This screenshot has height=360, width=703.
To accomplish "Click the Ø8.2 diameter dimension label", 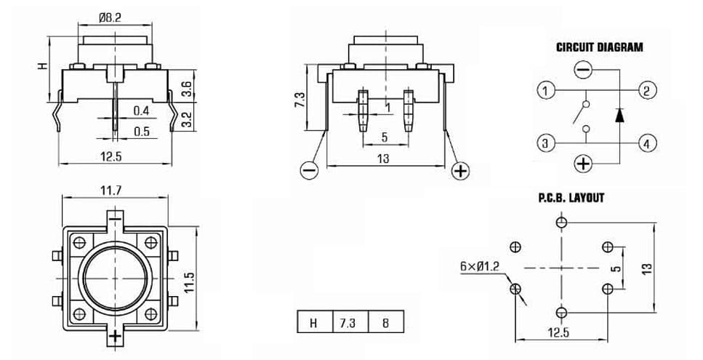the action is click(x=110, y=17).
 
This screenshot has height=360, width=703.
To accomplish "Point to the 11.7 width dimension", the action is click(x=111, y=191).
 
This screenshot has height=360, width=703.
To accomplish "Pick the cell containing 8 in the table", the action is click(x=385, y=322).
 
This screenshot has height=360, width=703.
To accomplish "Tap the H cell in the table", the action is click(x=316, y=322).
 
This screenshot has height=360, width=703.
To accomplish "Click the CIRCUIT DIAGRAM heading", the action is click(x=600, y=47).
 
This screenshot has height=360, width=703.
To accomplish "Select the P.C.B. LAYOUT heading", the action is click(x=571, y=197).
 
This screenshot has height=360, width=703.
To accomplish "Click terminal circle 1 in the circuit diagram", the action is click(x=545, y=91).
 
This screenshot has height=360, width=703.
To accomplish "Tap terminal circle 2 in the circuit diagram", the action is click(x=648, y=91).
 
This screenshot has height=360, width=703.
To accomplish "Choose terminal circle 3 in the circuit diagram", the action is click(x=545, y=144).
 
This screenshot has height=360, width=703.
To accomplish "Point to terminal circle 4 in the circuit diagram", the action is click(x=648, y=144).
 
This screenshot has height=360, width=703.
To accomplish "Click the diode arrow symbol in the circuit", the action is click(x=619, y=115).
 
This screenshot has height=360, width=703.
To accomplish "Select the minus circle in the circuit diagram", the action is click(x=583, y=71).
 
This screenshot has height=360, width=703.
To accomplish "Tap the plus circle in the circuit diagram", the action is click(x=583, y=163).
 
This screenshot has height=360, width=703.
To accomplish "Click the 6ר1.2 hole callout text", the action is click(x=479, y=266).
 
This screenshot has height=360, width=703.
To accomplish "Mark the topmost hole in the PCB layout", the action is click(x=561, y=222).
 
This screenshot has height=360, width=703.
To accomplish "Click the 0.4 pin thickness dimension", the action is click(x=141, y=111).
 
